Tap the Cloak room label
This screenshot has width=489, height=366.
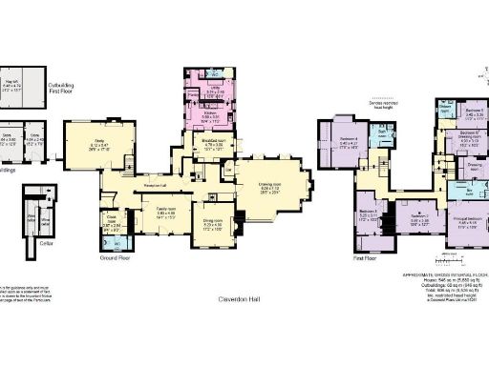pyautogui.click(x=109, y=227)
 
